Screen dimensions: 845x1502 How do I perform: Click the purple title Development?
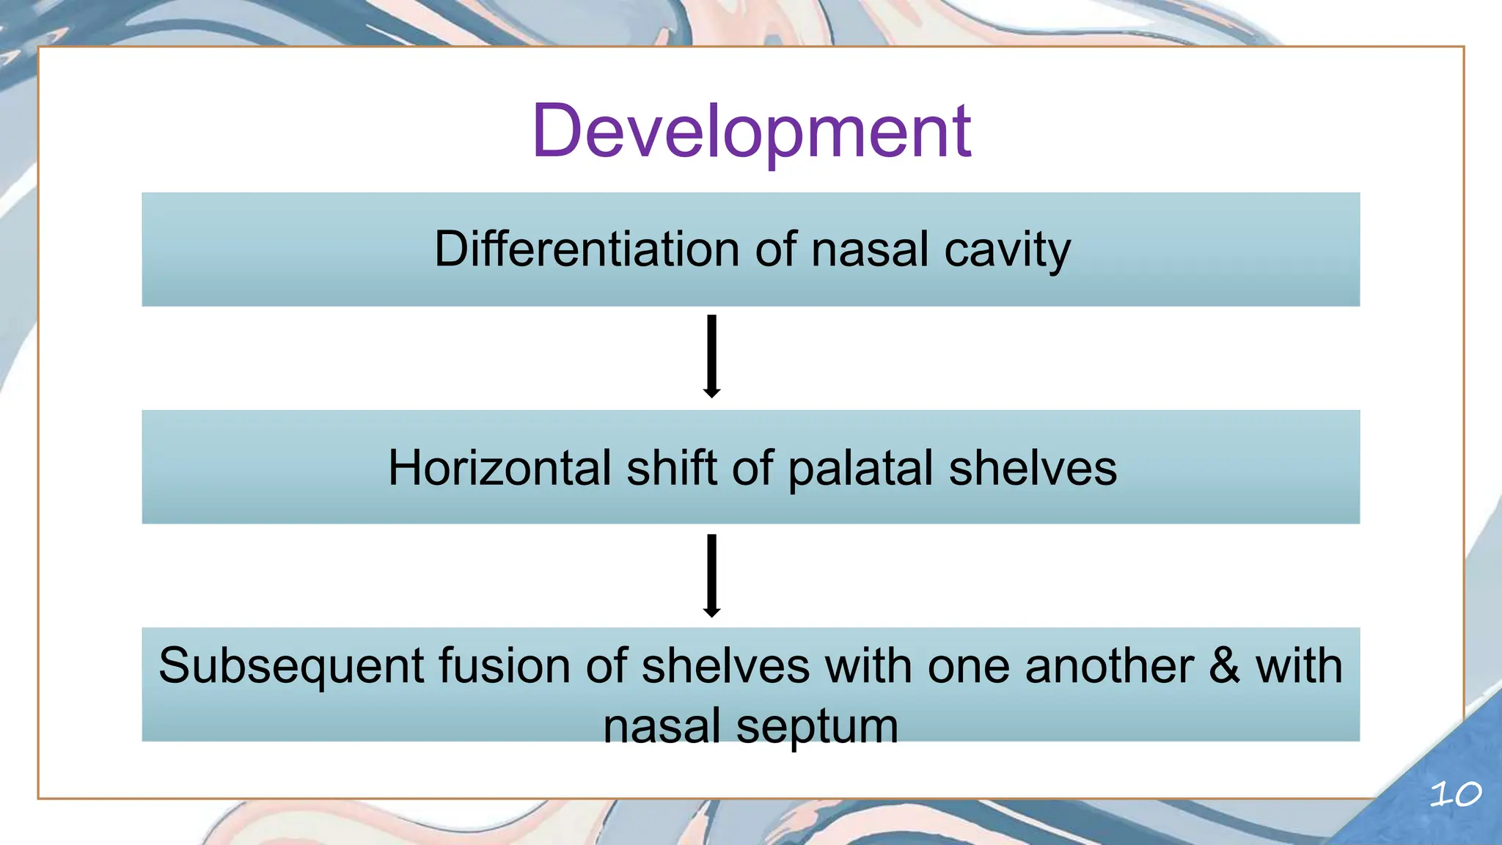[x=751, y=132]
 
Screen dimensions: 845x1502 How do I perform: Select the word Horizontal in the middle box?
[x=499, y=468]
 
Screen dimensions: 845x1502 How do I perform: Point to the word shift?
[x=671, y=468]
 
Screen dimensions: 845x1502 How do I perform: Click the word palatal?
[x=860, y=468]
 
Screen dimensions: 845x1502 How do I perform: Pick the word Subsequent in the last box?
[x=291, y=666]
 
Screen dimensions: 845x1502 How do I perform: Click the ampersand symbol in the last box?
[x=1224, y=666]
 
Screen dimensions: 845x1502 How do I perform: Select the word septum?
[x=817, y=727]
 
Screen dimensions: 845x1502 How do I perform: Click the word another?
[x=1109, y=666]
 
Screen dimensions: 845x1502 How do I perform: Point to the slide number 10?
[x=1455, y=794]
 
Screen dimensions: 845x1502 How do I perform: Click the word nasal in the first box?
[x=870, y=249]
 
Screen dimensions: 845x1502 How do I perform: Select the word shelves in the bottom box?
[x=725, y=666]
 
